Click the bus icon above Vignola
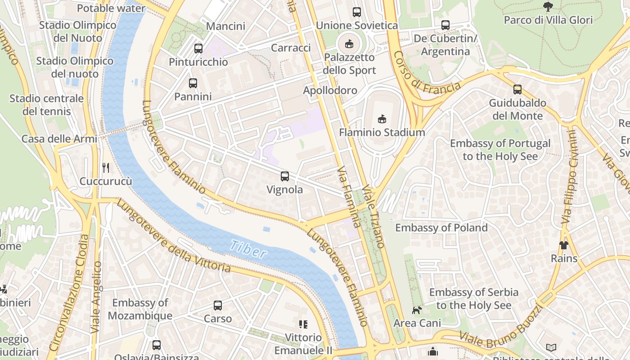[284, 176]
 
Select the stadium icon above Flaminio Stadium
[382, 119]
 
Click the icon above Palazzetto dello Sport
[349, 44]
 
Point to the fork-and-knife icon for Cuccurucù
[106, 168]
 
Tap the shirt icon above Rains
[563, 245]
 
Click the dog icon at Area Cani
[417, 310]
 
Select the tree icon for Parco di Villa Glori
[548, 6]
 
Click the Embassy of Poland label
[441, 228]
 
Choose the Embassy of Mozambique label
[139, 309]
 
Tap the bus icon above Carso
[218, 306]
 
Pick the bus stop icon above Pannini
[193, 83]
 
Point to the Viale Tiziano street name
[374, 216]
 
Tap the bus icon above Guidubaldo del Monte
[517, 90]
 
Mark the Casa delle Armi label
[59, 139]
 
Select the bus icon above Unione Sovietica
[357, 12]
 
